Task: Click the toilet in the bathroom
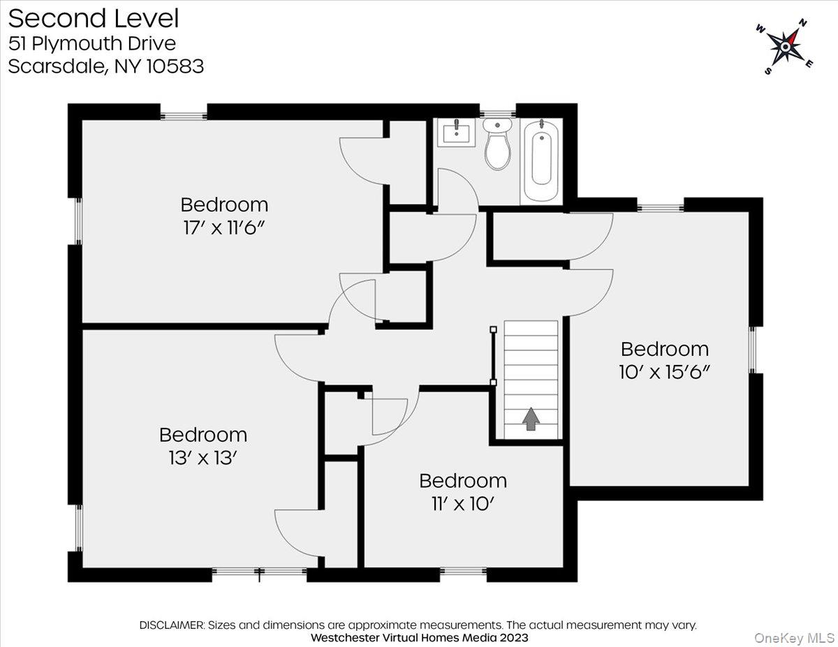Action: pyautogui.click(x=497, y=144)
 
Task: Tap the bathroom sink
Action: pyautogui.click(x=456, y=133)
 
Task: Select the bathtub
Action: pyautogui.click(x=541, y=161)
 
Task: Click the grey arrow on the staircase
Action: pyautogui.click(x=531, y=419)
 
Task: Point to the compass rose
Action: pyautogui.click(x=785, y=47)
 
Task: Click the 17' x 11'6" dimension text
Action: pyautogui.click(x=223, y=228)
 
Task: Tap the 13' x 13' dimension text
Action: pyautogui.click(x=203, y=458)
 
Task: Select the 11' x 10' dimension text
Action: pyautogui.click(x=463, y=504)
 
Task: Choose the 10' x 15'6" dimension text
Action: pyautogui.click(x=664, y=372)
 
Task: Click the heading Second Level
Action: pyautogui.click(x=94, y=19)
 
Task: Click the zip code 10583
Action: pyautogui.click(x=175, y=66)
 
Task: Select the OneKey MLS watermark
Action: pyautogui.click(x=794, y=638)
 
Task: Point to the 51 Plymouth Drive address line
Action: pyautogui.click(x=92, y=43)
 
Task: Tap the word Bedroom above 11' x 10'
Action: pyautogui.click(x=463, y=481)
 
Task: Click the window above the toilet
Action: pyautogui.click(x=497, y=113)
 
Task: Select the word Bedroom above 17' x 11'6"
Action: pyautogui.click(x=224, y=204)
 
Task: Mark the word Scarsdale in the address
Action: pyautogui.click(x=57, y=67)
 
